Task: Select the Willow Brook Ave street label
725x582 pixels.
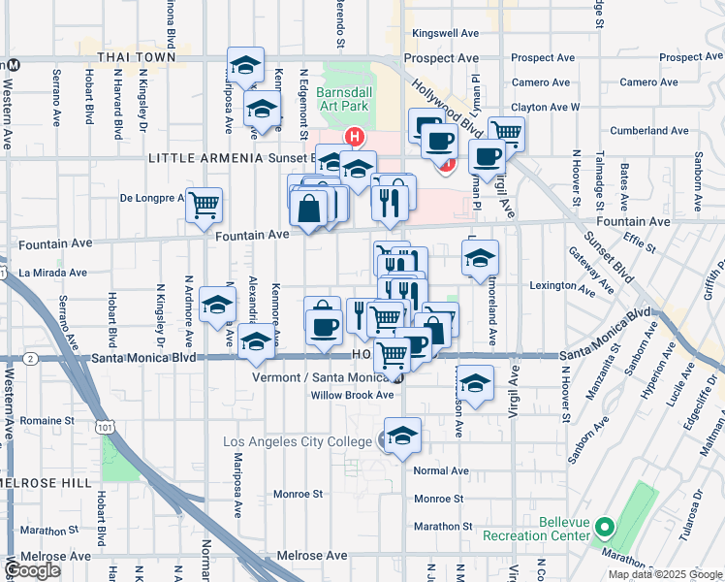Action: [352, 395]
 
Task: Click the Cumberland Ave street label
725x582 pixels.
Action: [649, 130]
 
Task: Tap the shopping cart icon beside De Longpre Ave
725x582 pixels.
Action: [204, 205]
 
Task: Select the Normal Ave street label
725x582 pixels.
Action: [441, 470]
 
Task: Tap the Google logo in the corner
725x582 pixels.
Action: [34, 571]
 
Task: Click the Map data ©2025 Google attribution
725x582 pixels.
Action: [665, 574]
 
